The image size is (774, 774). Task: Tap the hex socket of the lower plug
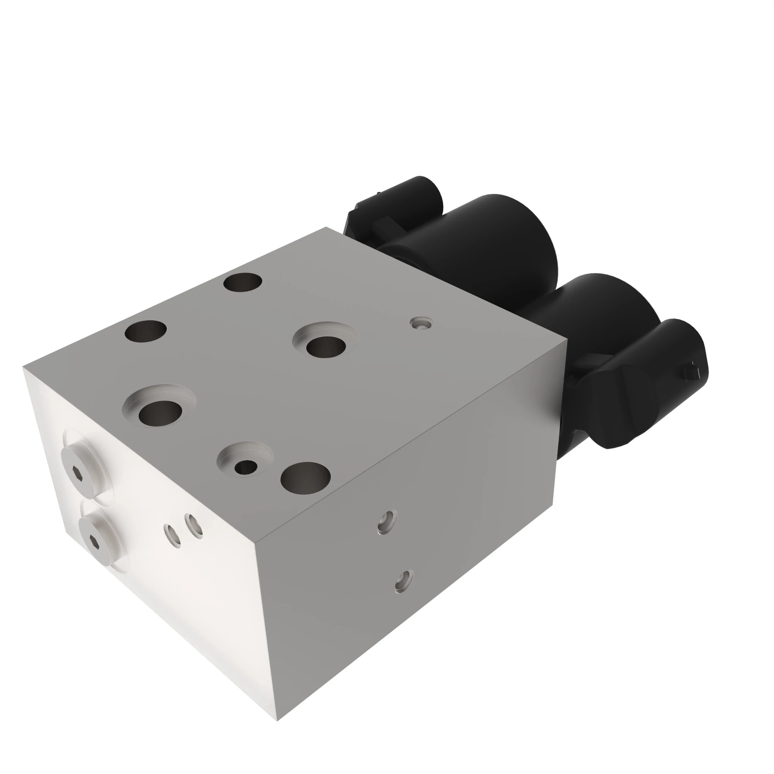pos(93,541)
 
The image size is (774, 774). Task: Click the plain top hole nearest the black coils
pos(243,283)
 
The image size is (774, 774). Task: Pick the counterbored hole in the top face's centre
pos(326,346)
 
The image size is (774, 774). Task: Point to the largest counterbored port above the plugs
pos(159,412)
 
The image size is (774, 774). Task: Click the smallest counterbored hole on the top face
pos(246,466)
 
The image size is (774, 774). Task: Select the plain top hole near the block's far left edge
pos(146,331)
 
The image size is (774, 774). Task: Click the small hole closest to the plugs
pos(172,536)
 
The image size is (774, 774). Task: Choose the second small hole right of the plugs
pos(193,526)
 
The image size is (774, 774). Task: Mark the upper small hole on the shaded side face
pos(387,522)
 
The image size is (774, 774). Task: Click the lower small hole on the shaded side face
pos(404,581)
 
